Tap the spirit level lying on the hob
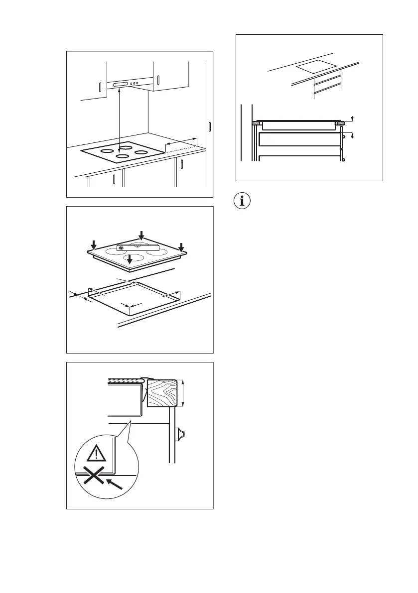[x=138, y=247]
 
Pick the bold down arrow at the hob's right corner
[x=181, y=247]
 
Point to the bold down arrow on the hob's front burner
[x=130, y=259]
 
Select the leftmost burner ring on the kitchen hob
[x=106, y=151]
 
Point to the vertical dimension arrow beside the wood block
[x=184, y=393]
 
